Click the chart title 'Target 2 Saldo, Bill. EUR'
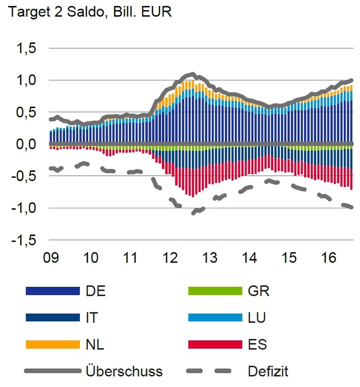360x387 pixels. tap(89, 12)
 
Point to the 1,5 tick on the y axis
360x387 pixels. tap(28, 48)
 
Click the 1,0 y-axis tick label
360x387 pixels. tap(28, 80)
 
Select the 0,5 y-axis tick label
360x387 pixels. tap(28, 113)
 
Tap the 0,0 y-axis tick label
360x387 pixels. tap(28, 145)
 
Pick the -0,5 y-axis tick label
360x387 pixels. tap(26, 176)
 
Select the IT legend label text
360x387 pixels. tap(92, 317)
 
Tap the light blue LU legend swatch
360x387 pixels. tap(215, 317)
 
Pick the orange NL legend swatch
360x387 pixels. tap(53, 344)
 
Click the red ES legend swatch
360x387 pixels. tap(215, 344)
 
